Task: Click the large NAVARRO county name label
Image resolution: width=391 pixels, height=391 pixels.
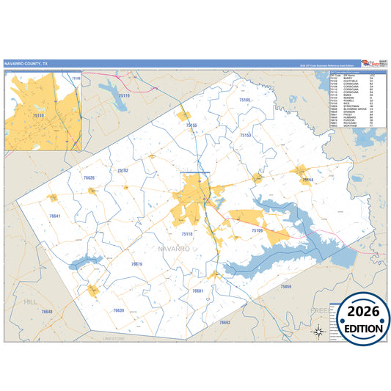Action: (x=173, y=249)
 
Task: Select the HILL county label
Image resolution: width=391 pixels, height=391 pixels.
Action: (x=30, y=302)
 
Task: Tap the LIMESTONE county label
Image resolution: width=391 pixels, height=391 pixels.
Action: (x=115, y=339)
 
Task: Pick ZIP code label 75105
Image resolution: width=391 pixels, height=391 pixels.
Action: (x=244, y=100)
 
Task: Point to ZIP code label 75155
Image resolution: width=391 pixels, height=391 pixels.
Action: (x=191, y=125)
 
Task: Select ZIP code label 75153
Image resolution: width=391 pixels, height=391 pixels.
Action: (x=246, y=136)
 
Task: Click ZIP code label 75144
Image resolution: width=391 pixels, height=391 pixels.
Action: (x=307, y=179)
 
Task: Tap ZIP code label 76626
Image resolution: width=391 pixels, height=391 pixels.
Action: (x=89, y=178)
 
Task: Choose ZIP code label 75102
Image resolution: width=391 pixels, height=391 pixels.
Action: (x=123, y=170)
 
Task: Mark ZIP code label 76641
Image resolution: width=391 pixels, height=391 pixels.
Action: (x=54, y=216)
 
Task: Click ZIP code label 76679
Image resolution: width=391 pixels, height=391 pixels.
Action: (x=136, y=263)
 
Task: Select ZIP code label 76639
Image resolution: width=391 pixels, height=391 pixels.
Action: (x=119, y=310)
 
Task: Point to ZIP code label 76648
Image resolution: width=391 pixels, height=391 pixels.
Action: (x=47, y=312)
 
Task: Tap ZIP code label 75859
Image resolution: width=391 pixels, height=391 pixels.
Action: (x=286, y=286)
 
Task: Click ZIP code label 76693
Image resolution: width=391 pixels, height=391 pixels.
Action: (x=224, y=322)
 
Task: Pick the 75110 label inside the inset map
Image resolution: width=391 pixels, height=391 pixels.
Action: (x=38, y=115)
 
